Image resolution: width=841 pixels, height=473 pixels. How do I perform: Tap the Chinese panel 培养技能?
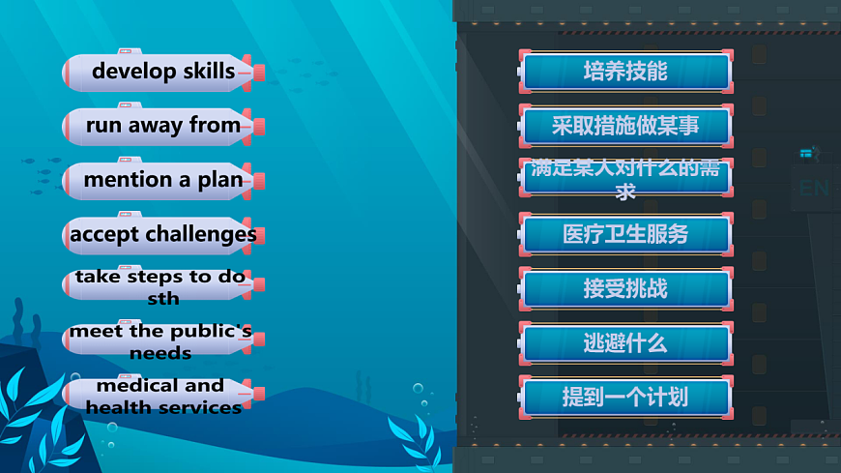click(x=625, y=72)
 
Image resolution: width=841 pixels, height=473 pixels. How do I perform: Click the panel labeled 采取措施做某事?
click(x=625, y=126)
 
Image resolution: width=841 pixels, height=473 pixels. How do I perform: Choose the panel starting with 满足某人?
click(x=625, y=180)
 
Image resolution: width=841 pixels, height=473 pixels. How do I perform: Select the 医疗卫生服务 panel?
click(x=625, y=234)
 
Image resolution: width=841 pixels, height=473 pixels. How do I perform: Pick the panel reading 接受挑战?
click(x=625, y=288)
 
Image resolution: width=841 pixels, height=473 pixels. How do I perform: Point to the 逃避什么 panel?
click(x=625, y=342)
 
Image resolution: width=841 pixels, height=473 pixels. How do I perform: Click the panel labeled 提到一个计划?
click(x=625, y=397)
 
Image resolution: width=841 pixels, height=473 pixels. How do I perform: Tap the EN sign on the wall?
click(x=813, y=188)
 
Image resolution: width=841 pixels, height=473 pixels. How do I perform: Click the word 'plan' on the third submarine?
click(x=220, y=180)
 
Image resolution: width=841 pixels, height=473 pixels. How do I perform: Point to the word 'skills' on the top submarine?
click(x=205, y=72)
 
